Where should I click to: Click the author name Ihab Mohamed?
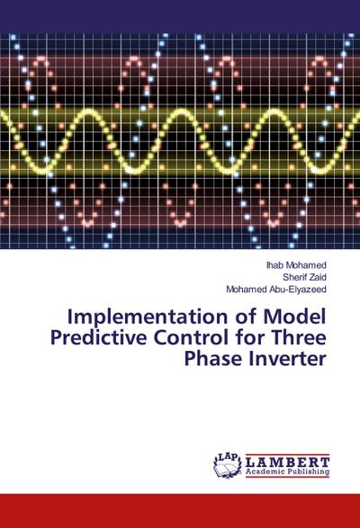296,266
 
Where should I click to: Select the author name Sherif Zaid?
303,278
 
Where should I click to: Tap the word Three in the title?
301,339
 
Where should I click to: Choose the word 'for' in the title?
270,339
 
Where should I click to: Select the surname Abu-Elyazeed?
298,290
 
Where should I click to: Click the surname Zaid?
316,278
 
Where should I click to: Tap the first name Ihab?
275,266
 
